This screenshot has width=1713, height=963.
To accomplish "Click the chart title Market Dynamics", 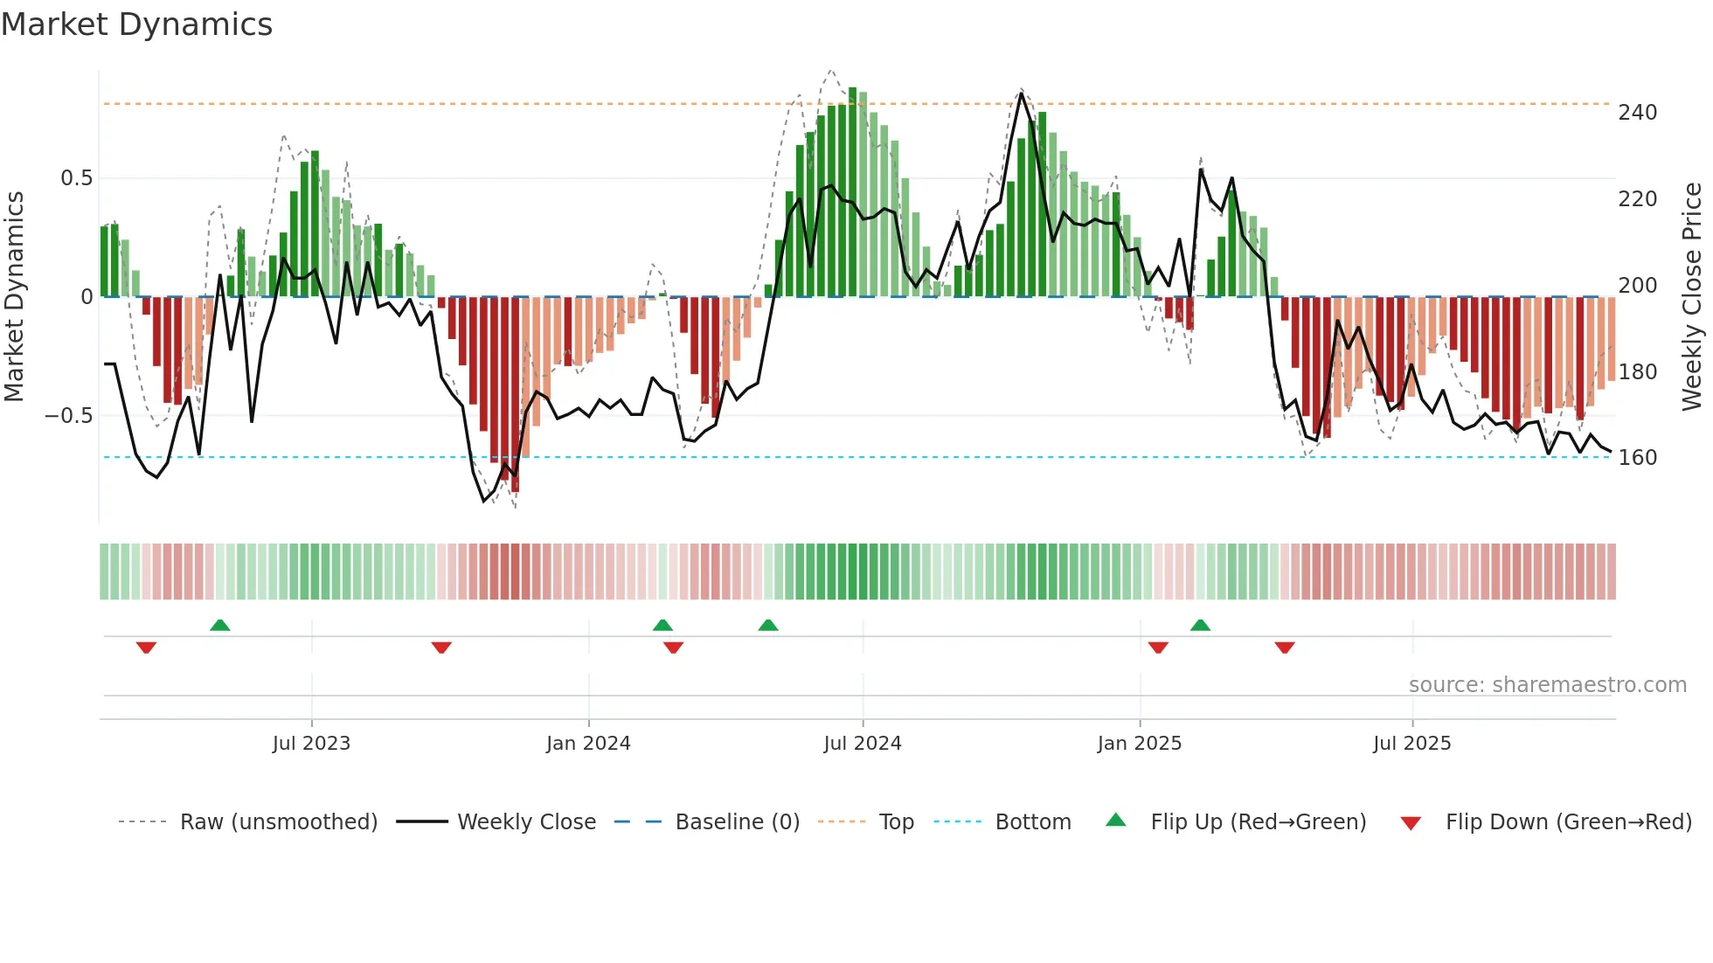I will (137, 24).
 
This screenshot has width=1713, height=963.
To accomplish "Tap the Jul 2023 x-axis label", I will (311, 744).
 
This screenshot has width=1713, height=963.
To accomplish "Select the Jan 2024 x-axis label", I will (588, 744).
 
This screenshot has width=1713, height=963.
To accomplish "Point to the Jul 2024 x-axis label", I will (862, 744).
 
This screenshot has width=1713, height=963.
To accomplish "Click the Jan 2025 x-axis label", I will (1139, 744).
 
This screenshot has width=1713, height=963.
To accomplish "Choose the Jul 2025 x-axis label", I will (1411, 744).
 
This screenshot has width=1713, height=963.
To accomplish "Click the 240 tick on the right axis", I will (1637, 113).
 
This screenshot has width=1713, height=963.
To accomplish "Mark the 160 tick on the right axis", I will (1637, 458).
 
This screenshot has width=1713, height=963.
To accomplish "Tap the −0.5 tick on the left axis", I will (68, 416).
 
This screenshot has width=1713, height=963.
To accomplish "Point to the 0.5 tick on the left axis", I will (76, 178).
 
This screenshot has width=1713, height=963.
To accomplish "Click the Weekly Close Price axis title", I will (1692, 296).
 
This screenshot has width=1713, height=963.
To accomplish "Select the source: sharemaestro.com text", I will (1547, 685).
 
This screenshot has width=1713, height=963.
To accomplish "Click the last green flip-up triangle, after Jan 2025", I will (1200, 625).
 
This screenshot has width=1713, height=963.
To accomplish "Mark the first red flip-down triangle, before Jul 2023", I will (146, 648).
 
